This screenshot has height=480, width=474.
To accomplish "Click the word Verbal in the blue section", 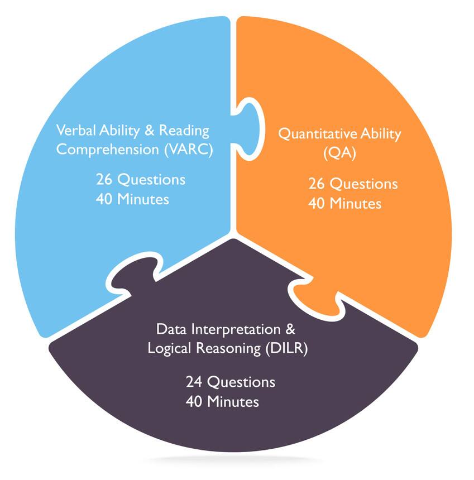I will click(74, 131).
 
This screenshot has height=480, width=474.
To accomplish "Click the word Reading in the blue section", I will click(184, 131).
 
